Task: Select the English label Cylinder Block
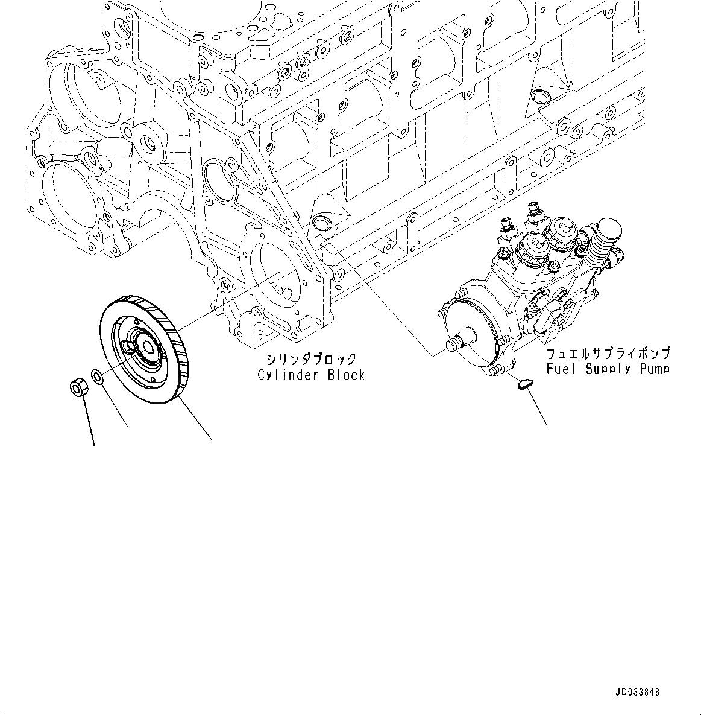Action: coord(311,375)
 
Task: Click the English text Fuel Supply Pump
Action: coord(608,368)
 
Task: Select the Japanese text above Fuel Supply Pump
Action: coord(608,353)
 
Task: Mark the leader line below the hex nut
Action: coord(89,422)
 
